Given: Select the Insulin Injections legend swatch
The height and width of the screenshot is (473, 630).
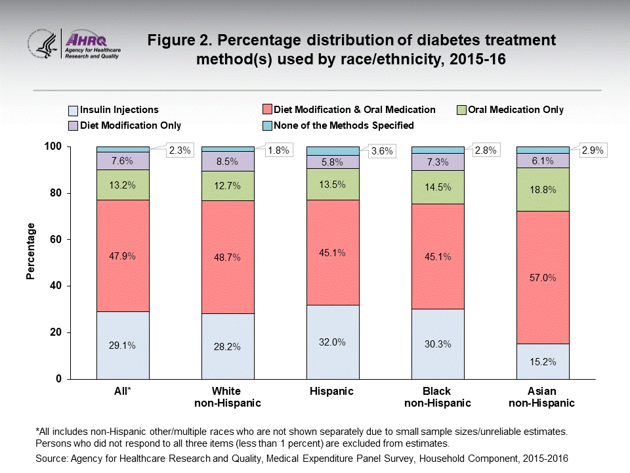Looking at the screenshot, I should tap(73, 110).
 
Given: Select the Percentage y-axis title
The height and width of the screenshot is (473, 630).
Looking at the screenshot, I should tap(31, 251).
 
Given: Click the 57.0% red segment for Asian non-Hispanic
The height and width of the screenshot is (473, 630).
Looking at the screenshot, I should tap(543, 277).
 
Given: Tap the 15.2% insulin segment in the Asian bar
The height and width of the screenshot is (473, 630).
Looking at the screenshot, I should tap(543, 361).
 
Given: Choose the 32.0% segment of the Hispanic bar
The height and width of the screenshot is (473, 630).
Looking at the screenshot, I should tap(333, 342).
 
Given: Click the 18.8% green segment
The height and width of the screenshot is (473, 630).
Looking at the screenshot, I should tap(543, 189).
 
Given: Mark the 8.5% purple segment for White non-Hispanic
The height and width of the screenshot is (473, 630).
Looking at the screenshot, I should tap(228, 161).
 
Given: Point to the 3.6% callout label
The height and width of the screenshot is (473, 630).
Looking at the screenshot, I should tap(381, 150).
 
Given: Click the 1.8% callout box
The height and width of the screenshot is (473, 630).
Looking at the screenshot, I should tap(276, 150).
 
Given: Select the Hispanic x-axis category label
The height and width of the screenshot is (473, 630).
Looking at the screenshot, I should tap(333, 392).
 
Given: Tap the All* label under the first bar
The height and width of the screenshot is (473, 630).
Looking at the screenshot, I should tap(123, 392).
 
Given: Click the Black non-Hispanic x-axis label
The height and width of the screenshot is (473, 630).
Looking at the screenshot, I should tap(438, 397).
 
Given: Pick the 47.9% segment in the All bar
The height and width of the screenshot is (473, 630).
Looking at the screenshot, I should tap(123, 256).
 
